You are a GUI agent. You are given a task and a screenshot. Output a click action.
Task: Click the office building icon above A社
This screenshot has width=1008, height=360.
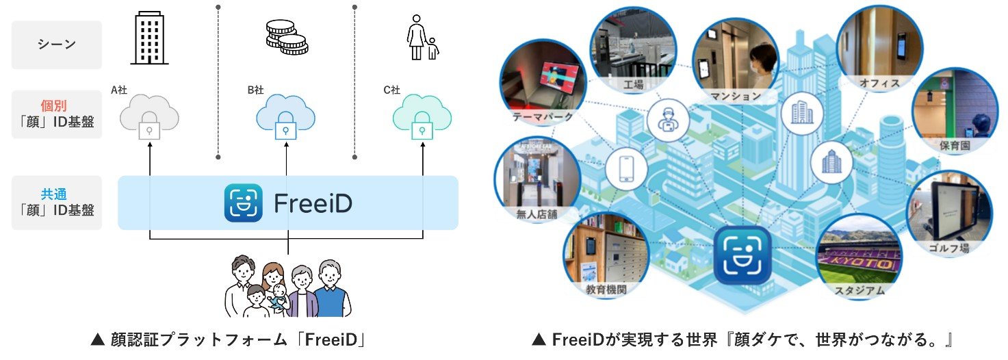149,39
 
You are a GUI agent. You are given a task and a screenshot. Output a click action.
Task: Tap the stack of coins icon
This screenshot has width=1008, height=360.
285,37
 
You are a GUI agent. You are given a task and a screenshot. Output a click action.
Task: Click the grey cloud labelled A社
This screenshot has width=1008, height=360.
149,117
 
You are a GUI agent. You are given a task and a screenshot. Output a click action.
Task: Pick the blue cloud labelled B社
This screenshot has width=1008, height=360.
285,117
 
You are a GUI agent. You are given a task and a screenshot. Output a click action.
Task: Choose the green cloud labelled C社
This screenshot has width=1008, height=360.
422,117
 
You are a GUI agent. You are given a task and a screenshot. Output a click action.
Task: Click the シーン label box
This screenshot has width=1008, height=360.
57,44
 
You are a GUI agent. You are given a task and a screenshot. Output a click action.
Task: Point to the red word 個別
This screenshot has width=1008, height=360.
57,107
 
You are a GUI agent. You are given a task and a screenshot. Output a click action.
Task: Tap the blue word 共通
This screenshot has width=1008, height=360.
57,194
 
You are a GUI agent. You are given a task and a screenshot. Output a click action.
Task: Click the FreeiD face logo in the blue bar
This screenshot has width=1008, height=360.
243,203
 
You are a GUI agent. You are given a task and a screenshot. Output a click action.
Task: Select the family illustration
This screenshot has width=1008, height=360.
287,286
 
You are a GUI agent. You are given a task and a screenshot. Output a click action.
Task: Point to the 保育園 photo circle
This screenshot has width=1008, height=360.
952,110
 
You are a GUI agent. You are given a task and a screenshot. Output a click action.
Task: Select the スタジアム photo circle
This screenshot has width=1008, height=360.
860,257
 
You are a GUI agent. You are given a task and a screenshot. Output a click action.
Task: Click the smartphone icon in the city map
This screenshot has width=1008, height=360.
625,166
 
